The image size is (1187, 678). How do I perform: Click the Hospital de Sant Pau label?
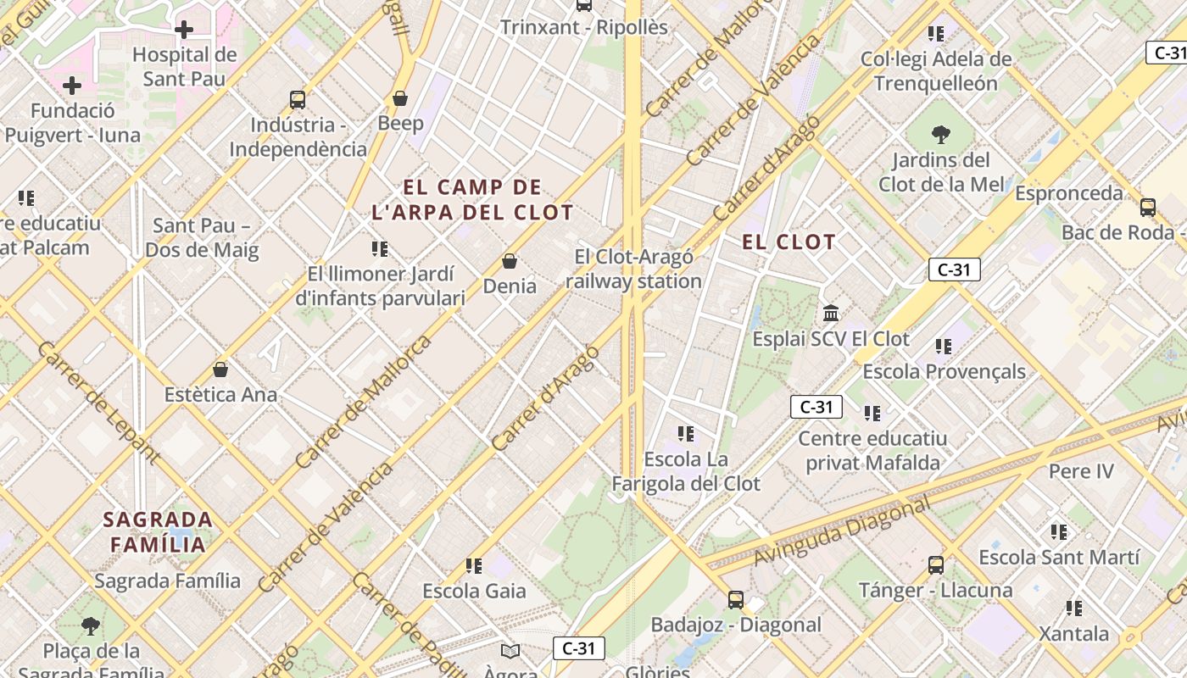coord(184,67)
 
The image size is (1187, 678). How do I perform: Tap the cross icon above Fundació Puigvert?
coord(72,86)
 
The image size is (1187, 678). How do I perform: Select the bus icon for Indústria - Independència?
coord(298,100)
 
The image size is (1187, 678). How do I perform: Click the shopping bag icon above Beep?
coord(400,99)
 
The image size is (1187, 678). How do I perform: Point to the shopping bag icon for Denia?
coord(510,261)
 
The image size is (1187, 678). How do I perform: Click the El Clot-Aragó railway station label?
coord(634,269)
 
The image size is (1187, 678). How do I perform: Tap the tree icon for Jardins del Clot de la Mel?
coord(940,134)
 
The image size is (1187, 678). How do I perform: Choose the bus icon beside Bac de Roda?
coord(1148,207)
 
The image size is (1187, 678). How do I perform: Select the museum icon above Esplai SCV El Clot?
coord(831,314)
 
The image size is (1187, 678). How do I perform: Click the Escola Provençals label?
coord(944,371)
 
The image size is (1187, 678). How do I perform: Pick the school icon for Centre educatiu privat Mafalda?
coord(872,414)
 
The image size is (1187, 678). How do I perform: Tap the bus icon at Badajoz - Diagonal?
coord(736,600)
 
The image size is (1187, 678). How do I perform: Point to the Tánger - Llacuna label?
coord(935,590)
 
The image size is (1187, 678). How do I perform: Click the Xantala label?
coord(1074,634)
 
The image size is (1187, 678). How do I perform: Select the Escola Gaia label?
coord(474,591)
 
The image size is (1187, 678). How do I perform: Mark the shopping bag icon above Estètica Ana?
coord(220,370)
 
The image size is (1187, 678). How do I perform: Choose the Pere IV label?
coord(1081,471)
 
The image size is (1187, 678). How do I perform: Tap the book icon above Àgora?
coord(510,651)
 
